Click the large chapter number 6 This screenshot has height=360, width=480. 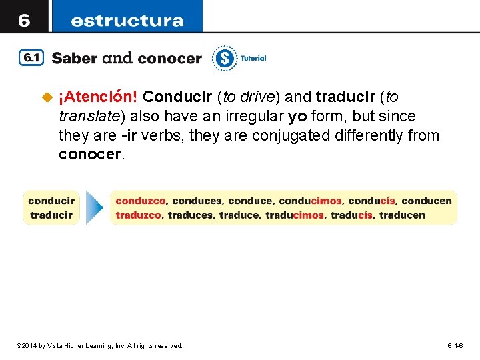click(23, 20)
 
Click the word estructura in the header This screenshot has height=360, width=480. click(127, 20)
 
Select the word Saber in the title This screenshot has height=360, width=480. click(75, 58)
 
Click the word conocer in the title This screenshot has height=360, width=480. click(170, 58)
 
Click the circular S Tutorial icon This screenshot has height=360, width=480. click(225, 59)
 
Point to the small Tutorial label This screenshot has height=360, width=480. click(253, 58)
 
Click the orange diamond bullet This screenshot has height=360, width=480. click(47, 98)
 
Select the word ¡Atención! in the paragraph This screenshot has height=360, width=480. click(98, 97)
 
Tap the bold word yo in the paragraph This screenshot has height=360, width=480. click(297, 117)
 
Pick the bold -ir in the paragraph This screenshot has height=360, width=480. click(131, 135)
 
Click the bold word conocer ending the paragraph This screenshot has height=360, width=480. click(91, 155)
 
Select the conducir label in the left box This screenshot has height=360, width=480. click(51, 200)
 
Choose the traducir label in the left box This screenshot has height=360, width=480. click(51, 215)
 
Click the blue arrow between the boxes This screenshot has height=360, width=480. click(95, 207)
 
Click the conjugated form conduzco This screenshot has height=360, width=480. click(142, 200)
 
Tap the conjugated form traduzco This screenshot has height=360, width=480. click(139, 215)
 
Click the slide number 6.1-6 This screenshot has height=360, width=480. click(455, 345)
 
